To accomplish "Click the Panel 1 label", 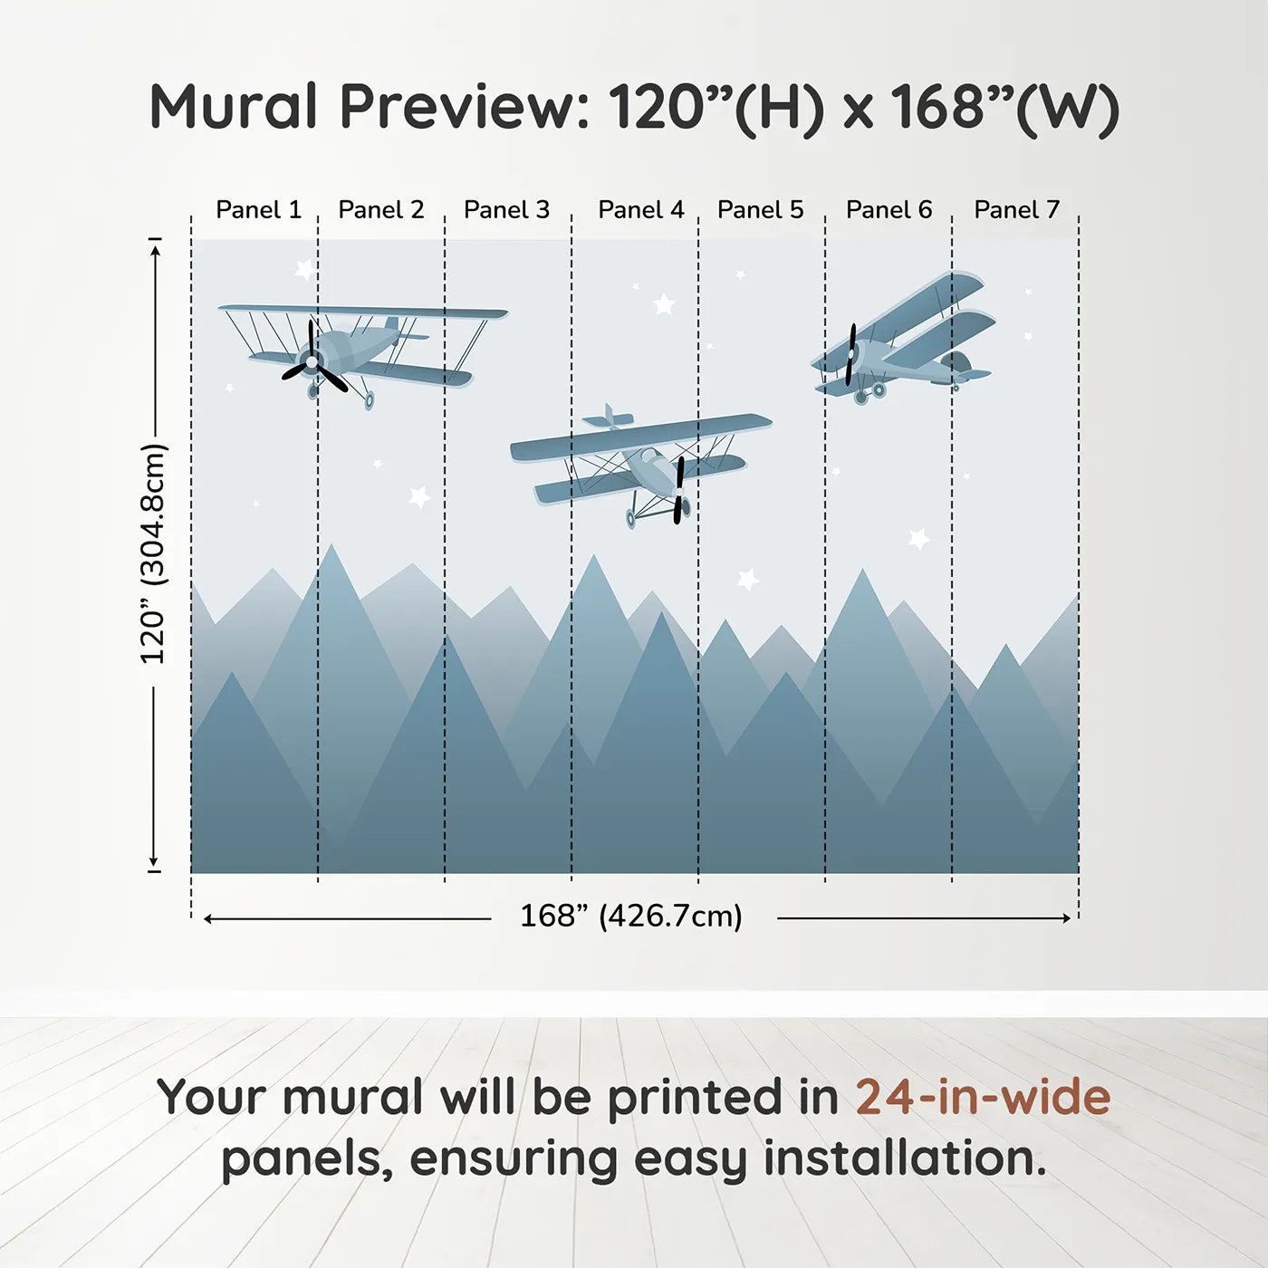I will [258, 210].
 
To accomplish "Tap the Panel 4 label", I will [640, 210].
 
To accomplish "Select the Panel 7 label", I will [1016, 210].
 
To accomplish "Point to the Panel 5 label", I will [760, 210].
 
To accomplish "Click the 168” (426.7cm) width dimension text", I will [630, 917].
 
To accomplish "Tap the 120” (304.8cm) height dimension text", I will [154, 554].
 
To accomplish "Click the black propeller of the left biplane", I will [313, 360].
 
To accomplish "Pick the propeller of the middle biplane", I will [679, 489].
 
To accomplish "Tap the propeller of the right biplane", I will [851, 354].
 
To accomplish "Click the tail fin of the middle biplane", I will [609, 417].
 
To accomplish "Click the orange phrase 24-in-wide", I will [983, 1098].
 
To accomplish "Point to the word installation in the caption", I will [905, 1159].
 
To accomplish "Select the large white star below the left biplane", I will [419, 496].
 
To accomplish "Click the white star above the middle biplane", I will [664, 303].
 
